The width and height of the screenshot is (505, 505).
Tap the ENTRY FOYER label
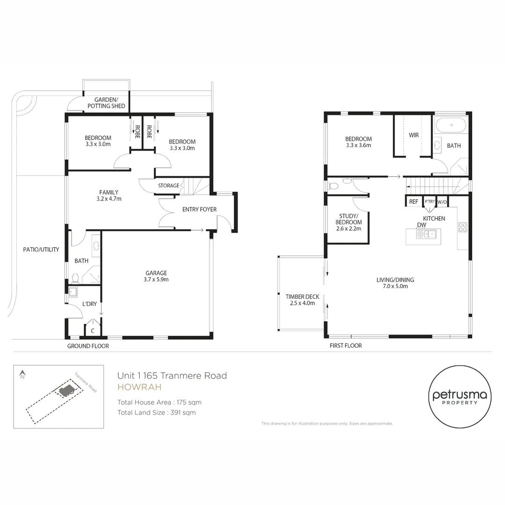tap(199, 209)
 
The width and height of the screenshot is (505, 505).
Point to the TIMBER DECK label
tap(302, 296)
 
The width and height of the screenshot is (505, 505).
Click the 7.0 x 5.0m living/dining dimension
tap(395, 286)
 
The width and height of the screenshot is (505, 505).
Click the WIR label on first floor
tap(414, 135)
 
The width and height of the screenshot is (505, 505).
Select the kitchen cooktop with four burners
tap(462, 228)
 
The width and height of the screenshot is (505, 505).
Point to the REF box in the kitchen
tap(413, 202)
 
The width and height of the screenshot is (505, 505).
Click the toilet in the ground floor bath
tap(75, 278)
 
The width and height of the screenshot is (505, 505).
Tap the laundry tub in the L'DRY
tap(73, 293)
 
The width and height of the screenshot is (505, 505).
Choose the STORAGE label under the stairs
tap(168, 186)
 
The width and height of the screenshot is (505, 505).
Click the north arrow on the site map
tap(22, 374)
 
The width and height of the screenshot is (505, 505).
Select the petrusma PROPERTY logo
tap(460, 397)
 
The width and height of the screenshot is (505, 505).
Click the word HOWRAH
tap(139, 387)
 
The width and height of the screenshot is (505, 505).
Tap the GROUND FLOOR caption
tap(88, 346)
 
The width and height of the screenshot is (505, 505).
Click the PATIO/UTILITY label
tap(41, 250)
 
